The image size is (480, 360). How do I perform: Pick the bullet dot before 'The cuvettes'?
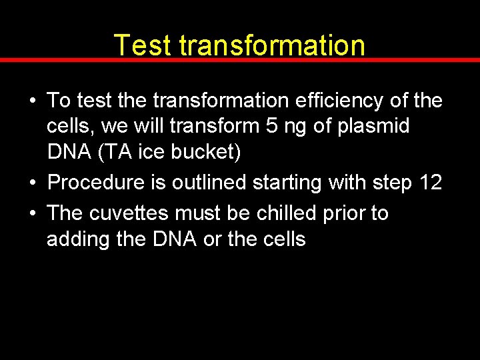click(32, 214)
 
